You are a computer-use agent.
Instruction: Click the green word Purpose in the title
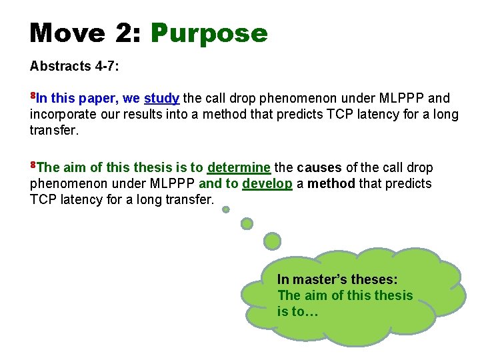[x=209, y=33]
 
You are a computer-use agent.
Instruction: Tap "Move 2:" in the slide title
[x=85, y=33]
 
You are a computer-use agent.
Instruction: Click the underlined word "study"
[x=161, y=99]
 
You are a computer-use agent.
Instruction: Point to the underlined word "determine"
[x=239, y=167]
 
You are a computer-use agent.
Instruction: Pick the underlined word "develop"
[x=267, y=183]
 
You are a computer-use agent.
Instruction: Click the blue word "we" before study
[x=131, y=99]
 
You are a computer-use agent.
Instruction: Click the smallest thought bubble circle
[x=226, y=209]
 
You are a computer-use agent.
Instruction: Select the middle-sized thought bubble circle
[x=247, y=223]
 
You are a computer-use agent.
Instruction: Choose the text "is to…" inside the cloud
[x=297, y=311]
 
